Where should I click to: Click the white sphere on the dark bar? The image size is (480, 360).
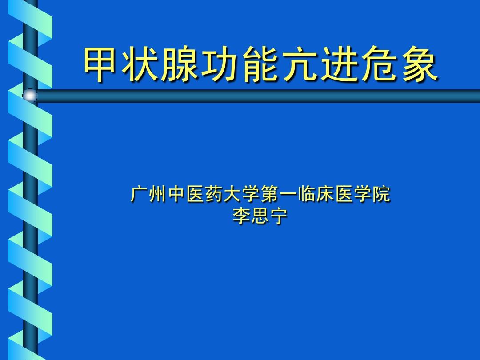click(x=30, y=96)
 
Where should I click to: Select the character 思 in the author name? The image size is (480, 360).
click(x=260, y=216)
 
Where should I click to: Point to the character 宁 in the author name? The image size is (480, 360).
click(x=279, y=216)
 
